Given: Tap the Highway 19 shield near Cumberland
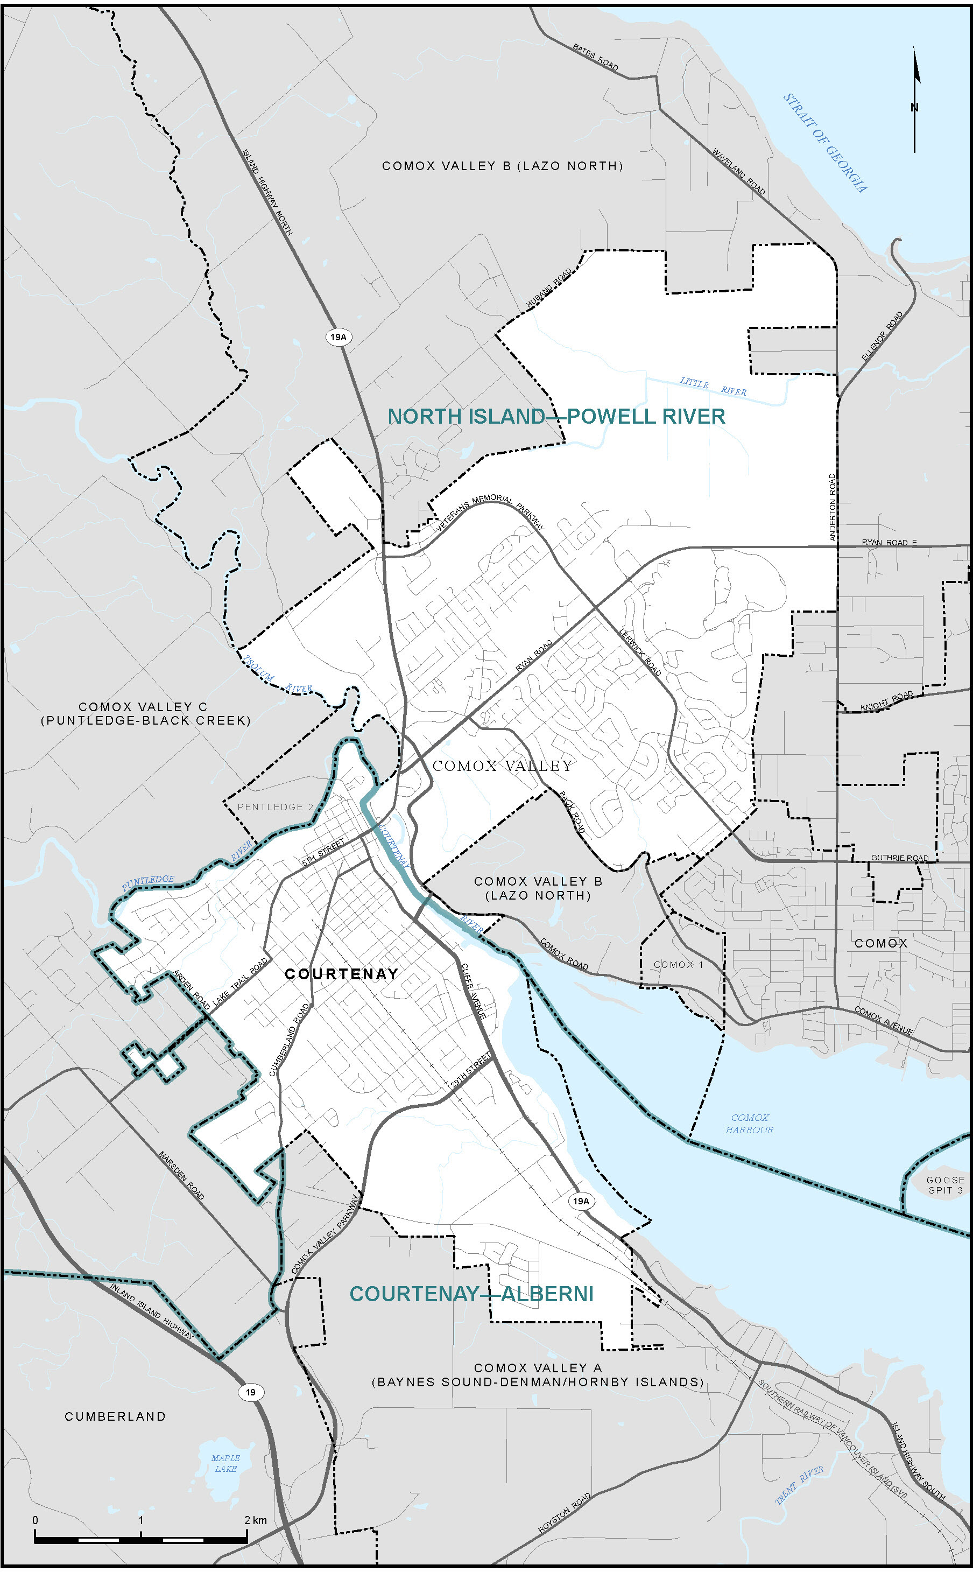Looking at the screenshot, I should pyautogui.click(x=250, y=1392).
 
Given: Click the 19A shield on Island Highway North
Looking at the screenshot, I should pyautogui.click(x=339, y=336).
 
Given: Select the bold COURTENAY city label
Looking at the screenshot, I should pyautogui.click(x=341, y=974).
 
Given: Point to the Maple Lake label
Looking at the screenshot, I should pyautogui.click(x=225, y=1463).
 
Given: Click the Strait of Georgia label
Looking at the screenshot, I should pyautogui.click(x=825, y=143).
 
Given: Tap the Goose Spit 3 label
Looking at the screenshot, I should pyautogui.click(x=946, y=1184).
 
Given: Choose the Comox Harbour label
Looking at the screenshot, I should pyautogui.click(x=750, y=1124).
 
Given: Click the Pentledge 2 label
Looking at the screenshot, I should pyautogui.click(x=276, y=806).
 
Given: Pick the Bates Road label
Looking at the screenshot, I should pyautogui.click(x=595, y=57).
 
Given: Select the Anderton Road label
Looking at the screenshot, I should pyautogui.click(x=832, y=507).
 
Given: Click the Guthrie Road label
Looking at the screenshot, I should pyautogui.click(x=900, y=858).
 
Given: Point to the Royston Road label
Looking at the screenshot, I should pyautogui.click(x=565, y=1513).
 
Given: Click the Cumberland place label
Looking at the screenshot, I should pyautogui.click(x=115, y=1416).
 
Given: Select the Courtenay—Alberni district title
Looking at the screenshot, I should pyautogui.click(x=471, y=1294).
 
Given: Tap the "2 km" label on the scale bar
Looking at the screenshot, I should pyautogui.click(x=256, y=1520).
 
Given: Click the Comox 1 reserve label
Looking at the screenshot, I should pyautogui.click(x=678, y=964).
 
